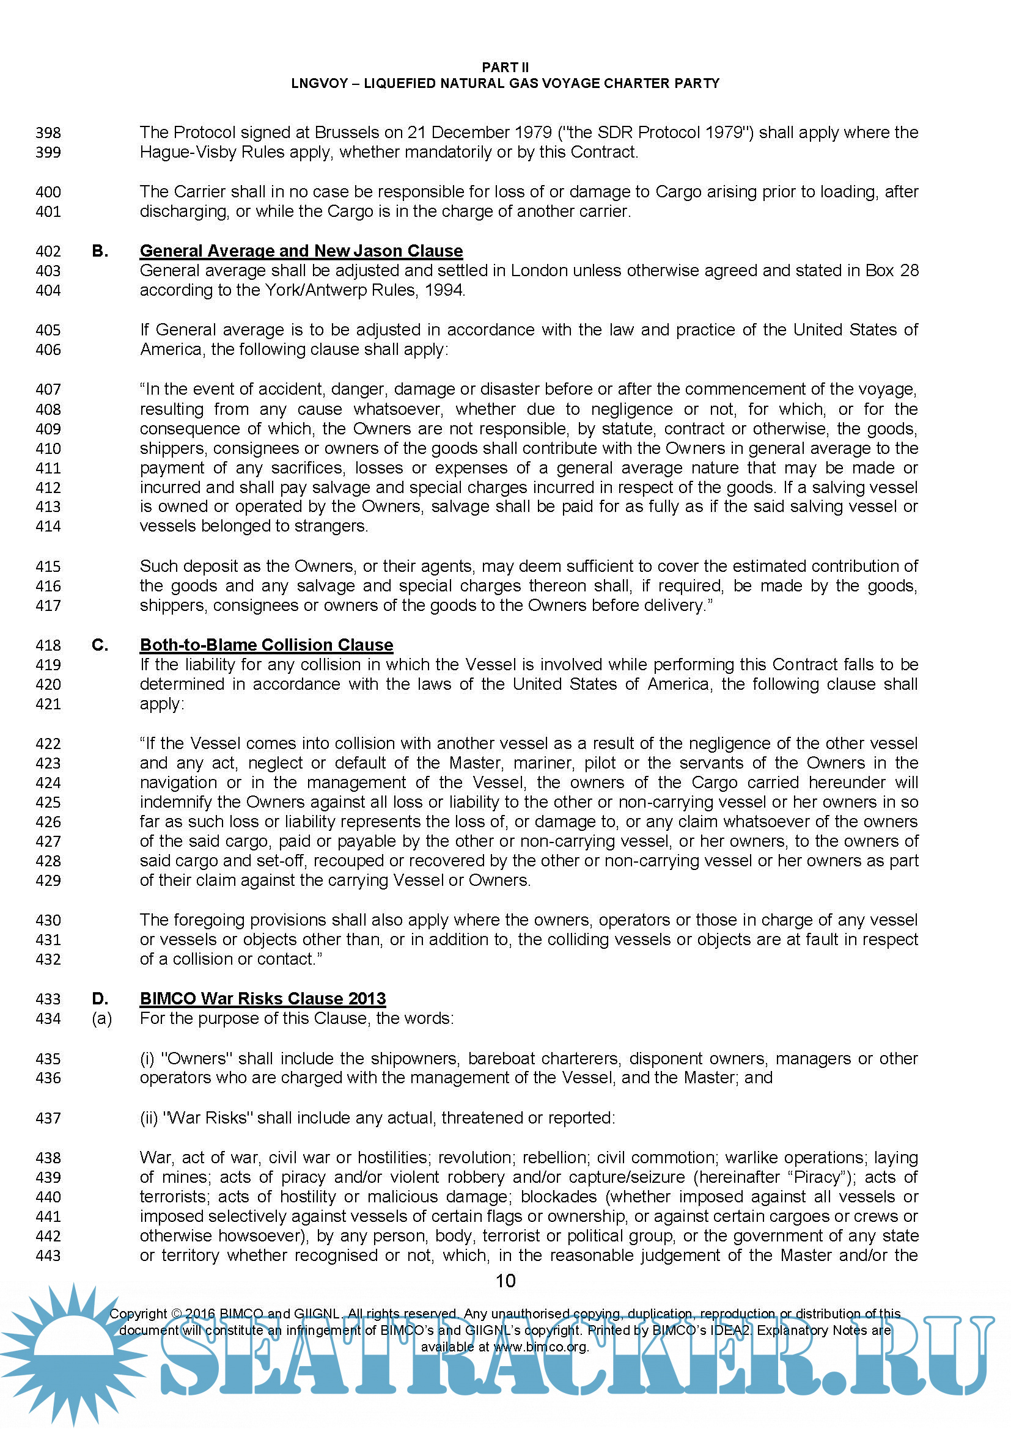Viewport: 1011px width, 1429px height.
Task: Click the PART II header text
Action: pos(505,67)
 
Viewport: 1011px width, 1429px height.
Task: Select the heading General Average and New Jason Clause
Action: pos(301,251)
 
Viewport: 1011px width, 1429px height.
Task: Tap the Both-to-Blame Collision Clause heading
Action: pos(267,645)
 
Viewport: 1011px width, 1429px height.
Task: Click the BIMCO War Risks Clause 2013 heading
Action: pos(263,998)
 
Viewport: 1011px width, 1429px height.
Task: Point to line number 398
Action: pos(48,133)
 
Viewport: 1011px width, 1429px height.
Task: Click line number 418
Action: pos(48,645)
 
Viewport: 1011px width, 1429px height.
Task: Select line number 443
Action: pos(48,1255)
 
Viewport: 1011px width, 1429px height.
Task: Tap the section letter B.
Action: pos(100,251)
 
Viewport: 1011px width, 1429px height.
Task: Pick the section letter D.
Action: pos(100,998)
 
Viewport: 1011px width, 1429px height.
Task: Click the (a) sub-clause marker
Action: pos(101,1018)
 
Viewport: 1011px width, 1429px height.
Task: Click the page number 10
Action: pos(505,1281)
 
